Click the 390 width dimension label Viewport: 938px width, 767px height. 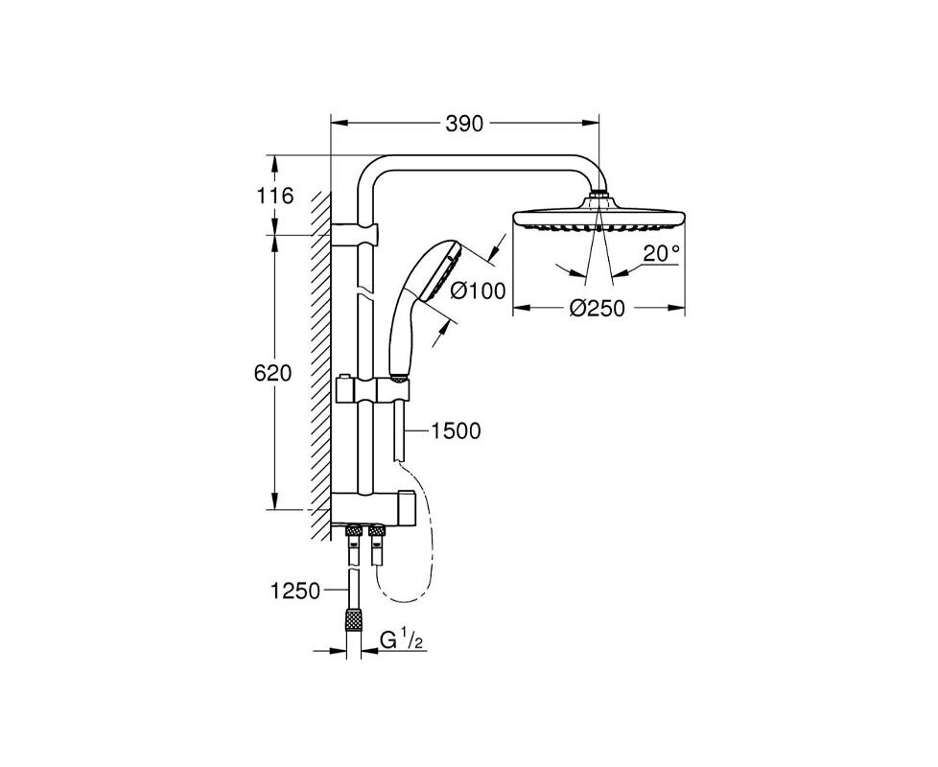coord(464,124)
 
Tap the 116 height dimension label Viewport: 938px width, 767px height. coord(276,196)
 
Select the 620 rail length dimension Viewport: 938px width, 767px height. coord(272,373)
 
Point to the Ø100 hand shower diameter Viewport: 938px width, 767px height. coord(478,291)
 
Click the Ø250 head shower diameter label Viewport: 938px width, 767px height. coord(597,309)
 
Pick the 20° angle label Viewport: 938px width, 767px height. coord(662,253)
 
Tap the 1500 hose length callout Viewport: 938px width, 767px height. coord(457,430)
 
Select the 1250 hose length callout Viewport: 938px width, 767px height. coord(295,592)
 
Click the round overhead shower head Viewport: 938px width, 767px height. coord(598,219)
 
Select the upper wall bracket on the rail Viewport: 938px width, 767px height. coord(354,234)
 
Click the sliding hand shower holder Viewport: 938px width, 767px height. coord(373,390)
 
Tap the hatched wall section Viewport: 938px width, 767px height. coord(320,366)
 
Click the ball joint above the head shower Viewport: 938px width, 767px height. coord(599,195)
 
